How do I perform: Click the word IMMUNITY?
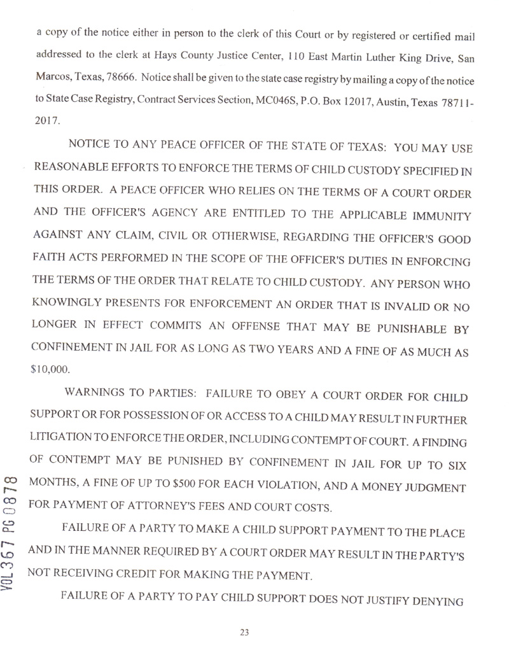click(x=438, y=218)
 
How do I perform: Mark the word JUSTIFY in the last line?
click(x=398, y=598)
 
